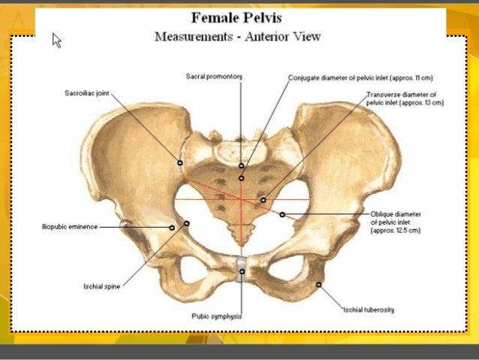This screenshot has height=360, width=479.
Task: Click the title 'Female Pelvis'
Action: [236, 18]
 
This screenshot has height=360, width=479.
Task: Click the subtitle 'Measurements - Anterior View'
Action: [237, 37]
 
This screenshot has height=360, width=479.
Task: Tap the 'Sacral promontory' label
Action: [214, 77]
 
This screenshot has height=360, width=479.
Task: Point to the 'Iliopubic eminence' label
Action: [70, 226]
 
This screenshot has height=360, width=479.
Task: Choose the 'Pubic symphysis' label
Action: [216, 316]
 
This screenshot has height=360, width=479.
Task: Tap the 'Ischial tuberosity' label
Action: [369, 309]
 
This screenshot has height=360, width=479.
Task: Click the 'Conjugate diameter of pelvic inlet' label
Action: [360, 77]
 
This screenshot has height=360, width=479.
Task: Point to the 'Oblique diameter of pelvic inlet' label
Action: [396, 222]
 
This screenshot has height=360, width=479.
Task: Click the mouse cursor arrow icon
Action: [56, 40]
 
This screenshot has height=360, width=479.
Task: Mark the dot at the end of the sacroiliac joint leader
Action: [180, 162]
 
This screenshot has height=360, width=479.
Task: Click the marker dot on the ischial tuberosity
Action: [319, 284]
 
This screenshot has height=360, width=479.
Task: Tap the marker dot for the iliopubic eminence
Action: [173, 226]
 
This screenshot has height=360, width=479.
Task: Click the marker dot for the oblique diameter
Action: [282, 215]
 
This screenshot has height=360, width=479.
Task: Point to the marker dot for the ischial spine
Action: [186, 223]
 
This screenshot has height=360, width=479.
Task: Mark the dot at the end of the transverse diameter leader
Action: [263, 200]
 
